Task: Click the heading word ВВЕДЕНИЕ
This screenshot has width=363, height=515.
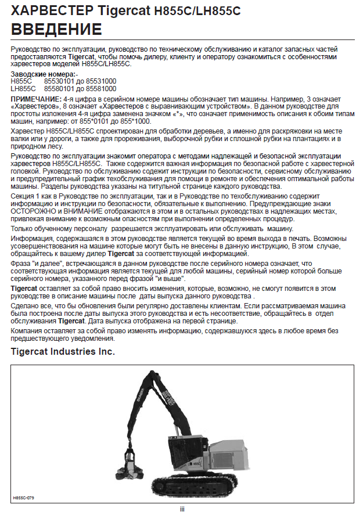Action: click(56, 29)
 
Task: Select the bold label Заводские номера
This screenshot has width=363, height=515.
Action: click(42, 75)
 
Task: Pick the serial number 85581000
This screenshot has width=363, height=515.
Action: click(102, 89)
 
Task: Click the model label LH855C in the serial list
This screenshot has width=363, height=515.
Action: click(24, 89)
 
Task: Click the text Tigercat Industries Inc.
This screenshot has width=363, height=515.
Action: click(63, 352)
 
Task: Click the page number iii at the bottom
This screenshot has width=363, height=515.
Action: click(182, 509)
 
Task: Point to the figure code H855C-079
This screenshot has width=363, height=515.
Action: click(24, 498)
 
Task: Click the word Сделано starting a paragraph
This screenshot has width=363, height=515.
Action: click(26, 306)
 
